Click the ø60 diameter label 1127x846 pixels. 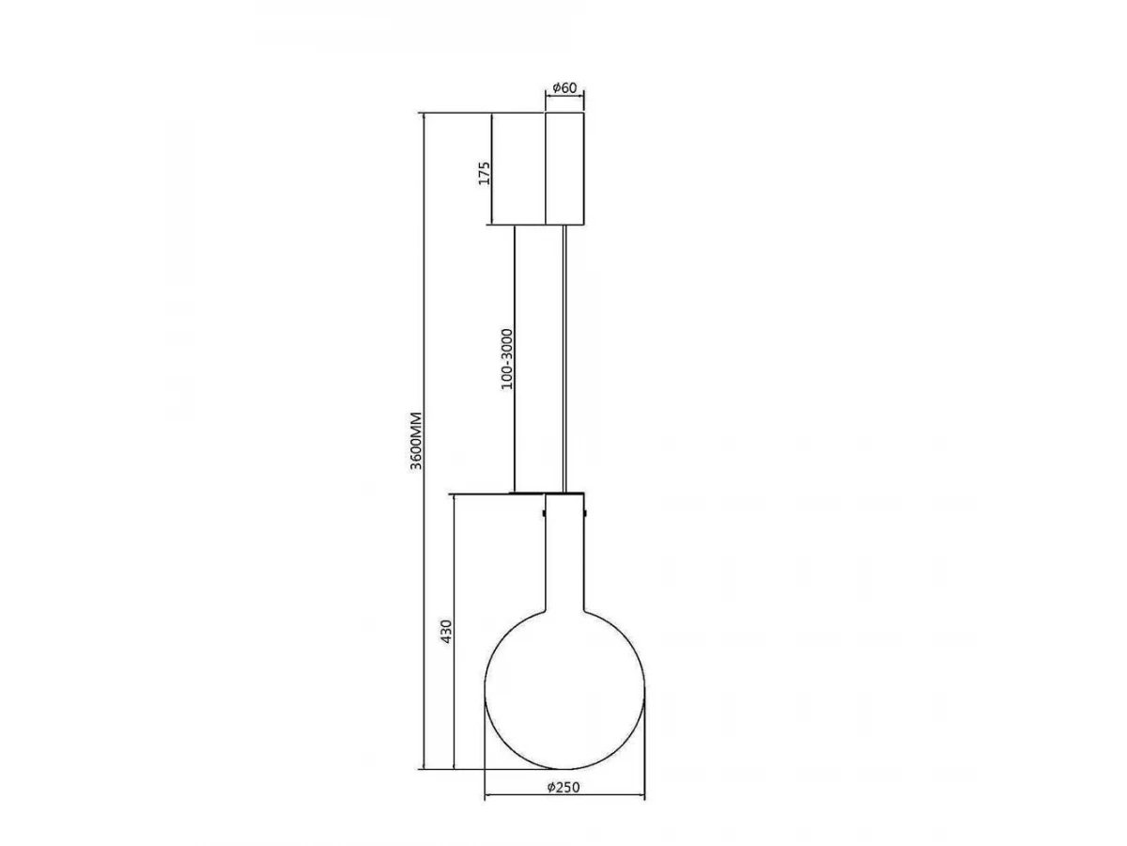pyautogui.click(x=564, y=87)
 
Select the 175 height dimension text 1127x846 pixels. pyautogui.click(x=485, y=173)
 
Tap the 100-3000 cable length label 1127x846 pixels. pyautogui.click(x=507, y=359)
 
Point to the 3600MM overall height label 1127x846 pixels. pyautogui.click(x=416, y=440)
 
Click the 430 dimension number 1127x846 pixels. pyautogui.click(x=447, y=632)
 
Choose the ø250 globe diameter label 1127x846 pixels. pyautogui.click(x=563, y=787)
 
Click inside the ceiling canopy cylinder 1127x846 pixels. pyautogui.click(x=564, y=168)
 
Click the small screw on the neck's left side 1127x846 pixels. pyautogui.click(x=544, y=512)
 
